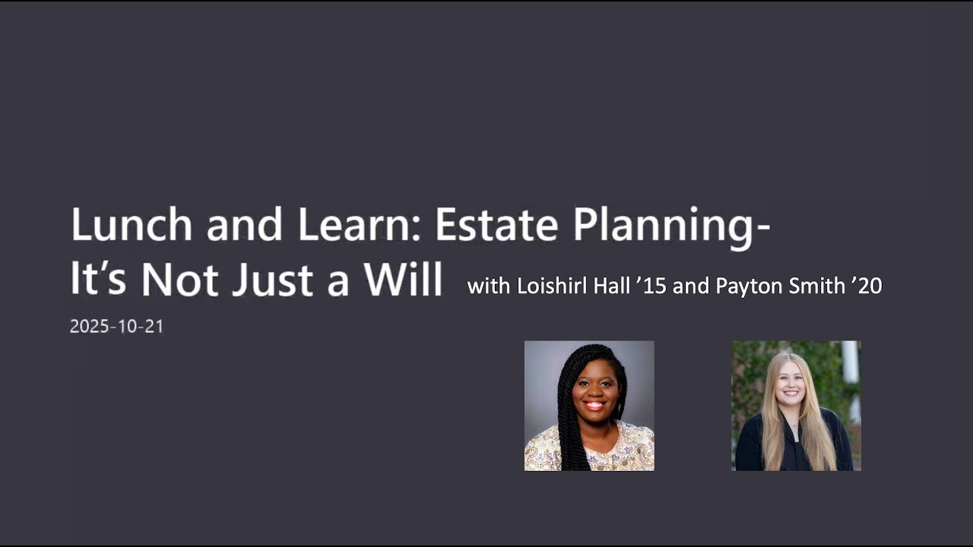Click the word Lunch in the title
click(x=121, y=225)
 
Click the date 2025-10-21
click(x=116, y=327)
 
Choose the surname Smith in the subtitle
click(x=808, y=286)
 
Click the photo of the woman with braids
click(x=589, y=405)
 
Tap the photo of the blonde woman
click(x=796, y=405)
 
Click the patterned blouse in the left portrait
click(x=623, y=452)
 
